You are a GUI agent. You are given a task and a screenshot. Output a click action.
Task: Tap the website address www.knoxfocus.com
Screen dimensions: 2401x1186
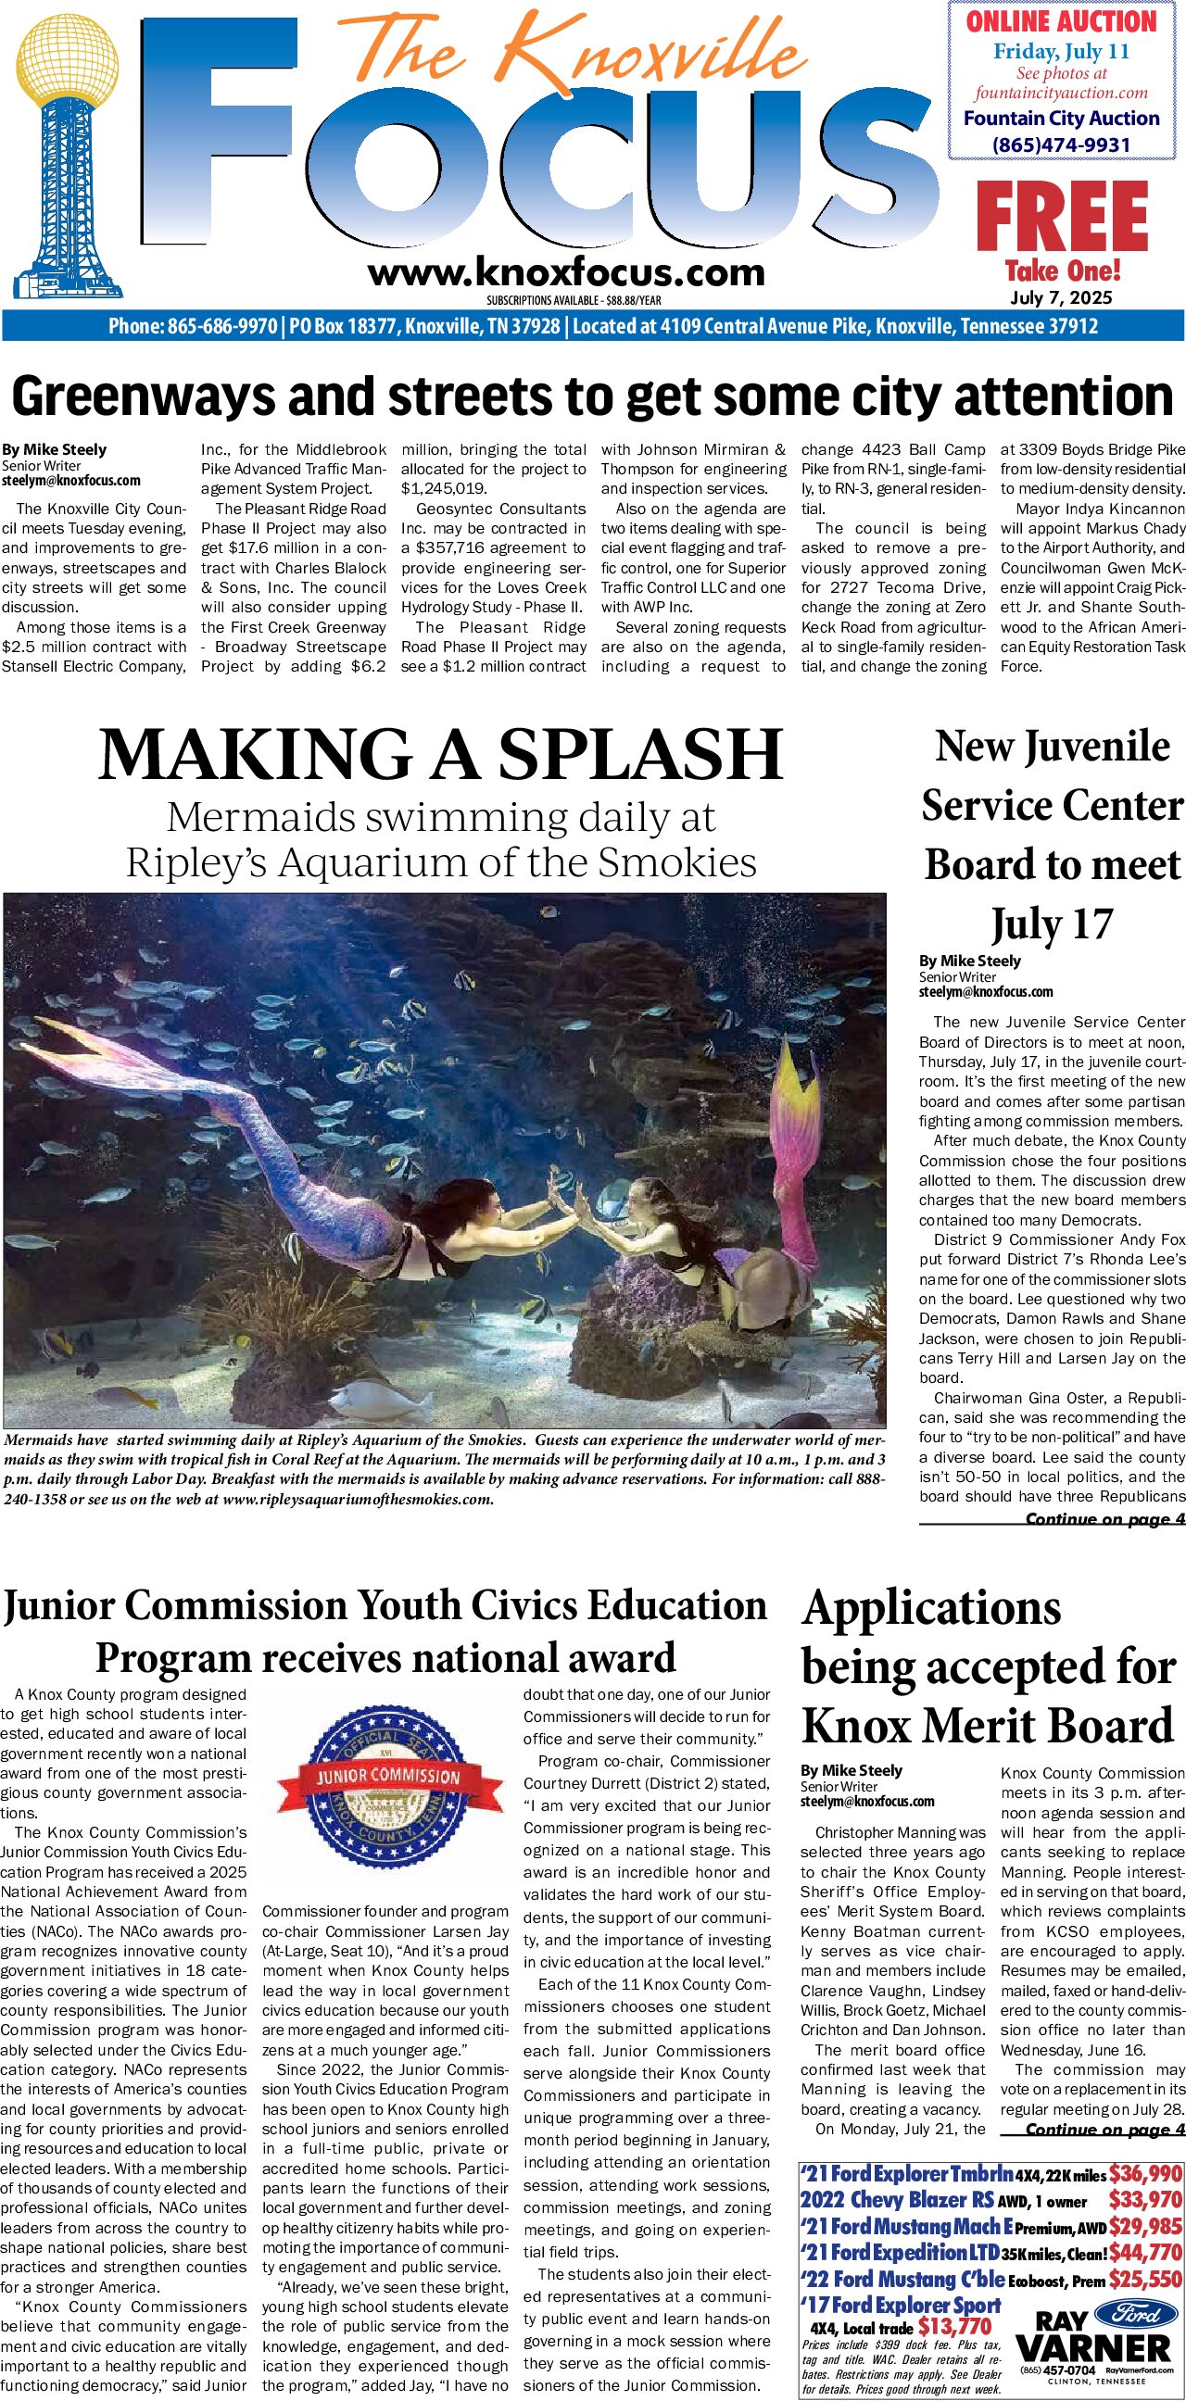pos(566,273)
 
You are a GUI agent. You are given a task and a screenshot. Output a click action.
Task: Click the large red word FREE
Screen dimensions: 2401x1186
pos(1062,217)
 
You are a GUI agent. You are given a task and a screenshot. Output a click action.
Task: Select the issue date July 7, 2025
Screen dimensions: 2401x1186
pos(1061,298)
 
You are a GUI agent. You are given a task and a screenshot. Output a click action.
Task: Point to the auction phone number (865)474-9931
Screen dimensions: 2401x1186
pos(1061,145)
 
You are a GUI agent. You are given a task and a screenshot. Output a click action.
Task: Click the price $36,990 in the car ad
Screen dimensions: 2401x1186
pos(1145,2172)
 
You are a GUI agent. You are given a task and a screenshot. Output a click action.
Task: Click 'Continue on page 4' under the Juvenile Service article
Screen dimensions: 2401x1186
pos(1104,1520)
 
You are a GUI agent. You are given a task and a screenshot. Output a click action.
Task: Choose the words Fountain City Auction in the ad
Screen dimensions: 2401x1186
pos(1061,119)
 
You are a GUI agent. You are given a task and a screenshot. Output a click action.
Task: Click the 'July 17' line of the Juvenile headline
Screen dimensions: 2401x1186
pos(1052,924)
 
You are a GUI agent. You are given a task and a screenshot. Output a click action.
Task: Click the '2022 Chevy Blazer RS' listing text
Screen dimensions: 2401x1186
pos(896,2200)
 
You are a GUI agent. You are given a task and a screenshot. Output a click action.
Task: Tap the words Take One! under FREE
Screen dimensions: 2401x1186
pos(1062,271)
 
